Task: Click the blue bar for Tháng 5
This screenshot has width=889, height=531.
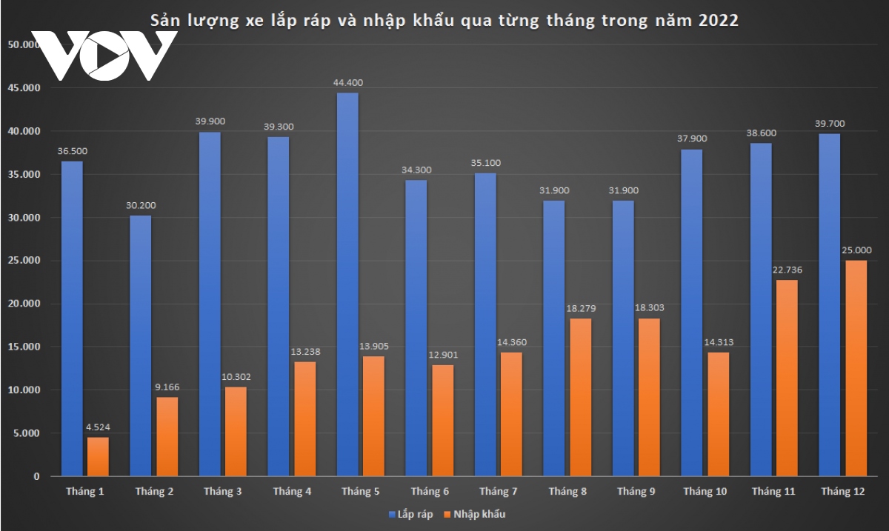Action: click(x=347, y=284)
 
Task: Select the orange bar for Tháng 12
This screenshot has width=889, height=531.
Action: click(x=856, y=368)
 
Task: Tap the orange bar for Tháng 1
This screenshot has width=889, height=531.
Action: click(x=98, y=456)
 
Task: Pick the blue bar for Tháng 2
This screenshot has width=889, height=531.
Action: click(x=141, y=345)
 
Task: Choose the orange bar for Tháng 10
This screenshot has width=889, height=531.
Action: click(x=718, y=414)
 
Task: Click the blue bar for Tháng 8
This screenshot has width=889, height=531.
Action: click(x=554, y=338)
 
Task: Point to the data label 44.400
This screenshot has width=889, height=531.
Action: click(x=348, y=82)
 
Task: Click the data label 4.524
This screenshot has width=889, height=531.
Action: click(x=98, y=426)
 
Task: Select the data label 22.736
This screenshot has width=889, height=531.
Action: click(x=788, y=269)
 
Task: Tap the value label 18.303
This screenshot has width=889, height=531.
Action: click(x=649, y=307)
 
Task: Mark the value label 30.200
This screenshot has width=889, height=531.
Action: click(x=141, y=205)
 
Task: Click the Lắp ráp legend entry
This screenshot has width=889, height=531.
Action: click(x=408, y=514)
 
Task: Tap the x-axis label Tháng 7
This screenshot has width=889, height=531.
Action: click(x=499, y=492)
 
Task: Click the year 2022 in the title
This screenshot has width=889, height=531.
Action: click(x=718, y=20)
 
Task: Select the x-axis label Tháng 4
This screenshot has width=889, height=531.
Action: click(x=292, y=492)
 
